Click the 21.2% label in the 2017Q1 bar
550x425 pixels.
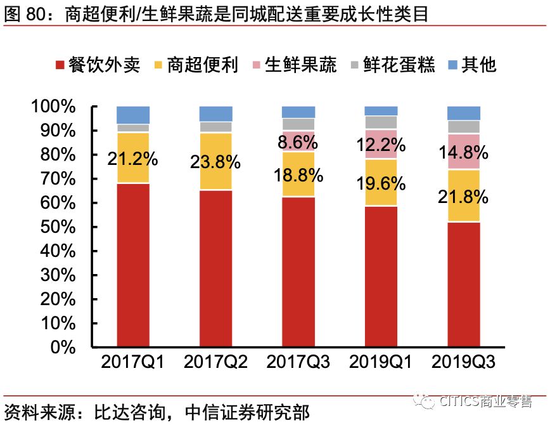click(132, 158)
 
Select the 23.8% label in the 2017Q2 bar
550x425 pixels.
click(215, 162)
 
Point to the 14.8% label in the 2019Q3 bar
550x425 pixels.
click(463, 152)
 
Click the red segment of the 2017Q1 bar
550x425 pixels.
click(133, 265)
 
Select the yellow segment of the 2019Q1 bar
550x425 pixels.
click(381, 183)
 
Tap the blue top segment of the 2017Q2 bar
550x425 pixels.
click(215, 114)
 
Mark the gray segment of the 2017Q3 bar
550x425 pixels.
click(298, 124)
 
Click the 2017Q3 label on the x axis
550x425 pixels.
click(298, 363)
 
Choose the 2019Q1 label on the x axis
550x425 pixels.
click(381, 363)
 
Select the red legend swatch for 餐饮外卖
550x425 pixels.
click(60, 65)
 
